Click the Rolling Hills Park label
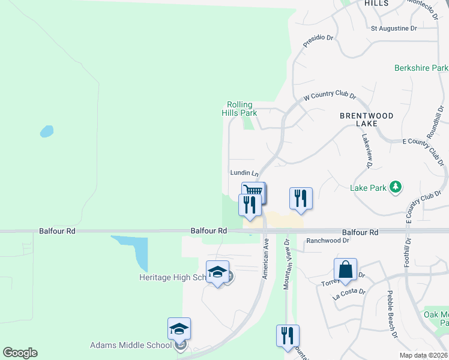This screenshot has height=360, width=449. [x=240, y=109]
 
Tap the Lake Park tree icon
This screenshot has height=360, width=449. [x=395, y=188]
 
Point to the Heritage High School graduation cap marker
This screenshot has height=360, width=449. [x=217, y=272]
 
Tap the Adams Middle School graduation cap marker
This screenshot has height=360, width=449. [x=179, y=328]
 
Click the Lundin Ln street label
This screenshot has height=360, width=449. [x=244, y=173]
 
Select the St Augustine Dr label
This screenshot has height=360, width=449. [x=394, y=28]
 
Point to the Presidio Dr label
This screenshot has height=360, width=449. [x=318, y=37]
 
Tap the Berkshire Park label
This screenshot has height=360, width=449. [x=421, y=68]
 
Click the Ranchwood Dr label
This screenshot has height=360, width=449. [x=328, y=241]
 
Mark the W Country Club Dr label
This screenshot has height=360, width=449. [x=330, y=96]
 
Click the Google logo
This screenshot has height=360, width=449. [x=20, y=353]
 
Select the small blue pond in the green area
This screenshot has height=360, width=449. [x=46, y=131]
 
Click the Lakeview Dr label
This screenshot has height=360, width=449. [x=367, y=151]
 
